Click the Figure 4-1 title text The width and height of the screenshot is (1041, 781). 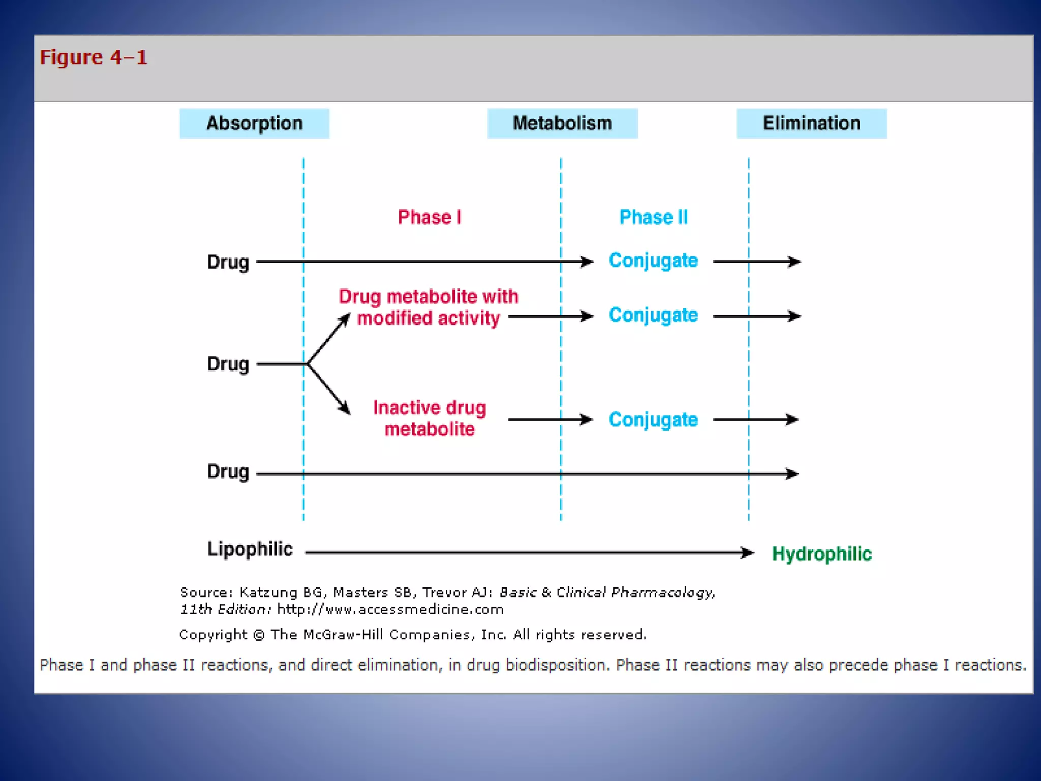point(94,57)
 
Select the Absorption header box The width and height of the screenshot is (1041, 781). point(254,124)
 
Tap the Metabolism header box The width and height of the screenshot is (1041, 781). point(562,124)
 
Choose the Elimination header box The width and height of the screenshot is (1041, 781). point(811,124)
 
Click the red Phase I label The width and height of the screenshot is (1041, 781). point(430,217)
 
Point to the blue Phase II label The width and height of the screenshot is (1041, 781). point(654,217)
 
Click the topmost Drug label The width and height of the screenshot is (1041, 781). point(228,262)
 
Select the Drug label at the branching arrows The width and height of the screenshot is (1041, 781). point(228,364)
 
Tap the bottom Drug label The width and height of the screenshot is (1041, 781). point(228,472)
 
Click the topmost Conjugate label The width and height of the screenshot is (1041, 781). point(653,260)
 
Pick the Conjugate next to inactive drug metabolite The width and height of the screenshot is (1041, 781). point(653,420)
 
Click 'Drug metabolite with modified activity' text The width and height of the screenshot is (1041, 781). point(428,307)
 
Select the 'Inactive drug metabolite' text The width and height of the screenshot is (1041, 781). point(430,418)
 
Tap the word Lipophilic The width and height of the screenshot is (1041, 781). point(250,549)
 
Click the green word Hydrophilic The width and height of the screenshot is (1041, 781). point(821,554)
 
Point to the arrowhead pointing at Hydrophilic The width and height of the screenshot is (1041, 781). point(748,552)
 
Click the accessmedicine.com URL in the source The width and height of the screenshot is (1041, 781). point(390,609)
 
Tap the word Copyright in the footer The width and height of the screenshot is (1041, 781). point(213,635)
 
